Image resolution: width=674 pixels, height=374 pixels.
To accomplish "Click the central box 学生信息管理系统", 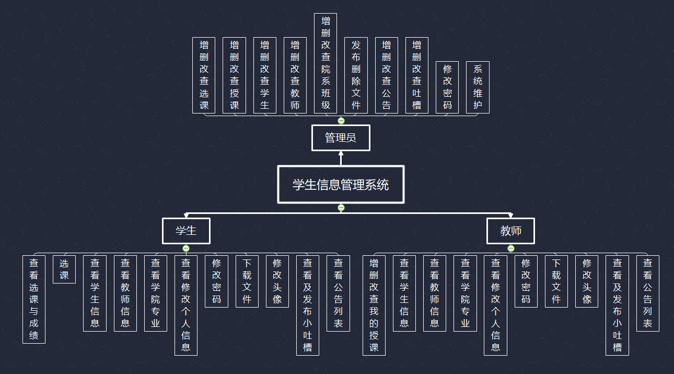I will pos(341,184).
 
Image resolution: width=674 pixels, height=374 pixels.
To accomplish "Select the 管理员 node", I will pos(341,138).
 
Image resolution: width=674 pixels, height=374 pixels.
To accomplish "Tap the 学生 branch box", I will pos(186,231).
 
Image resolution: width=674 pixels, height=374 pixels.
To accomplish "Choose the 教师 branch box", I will pos(510,231).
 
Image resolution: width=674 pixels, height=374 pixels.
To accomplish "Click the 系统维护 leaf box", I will pos(478,87).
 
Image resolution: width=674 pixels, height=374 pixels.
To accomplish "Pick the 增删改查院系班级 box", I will pos(326,63).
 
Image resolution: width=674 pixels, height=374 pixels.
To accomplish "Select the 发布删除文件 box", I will pos(356,75).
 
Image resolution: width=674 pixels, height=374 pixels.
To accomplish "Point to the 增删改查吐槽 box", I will pos(416,75).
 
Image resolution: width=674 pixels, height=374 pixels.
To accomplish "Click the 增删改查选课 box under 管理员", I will pos(204,75).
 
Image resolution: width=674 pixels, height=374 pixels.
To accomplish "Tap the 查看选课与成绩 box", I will pos(34,299).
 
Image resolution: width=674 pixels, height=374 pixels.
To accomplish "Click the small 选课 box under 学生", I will pos(64,269).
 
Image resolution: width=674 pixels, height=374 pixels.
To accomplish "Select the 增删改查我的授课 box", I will pos(374,305).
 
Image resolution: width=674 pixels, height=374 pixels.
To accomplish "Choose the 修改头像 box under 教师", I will pos(587,281).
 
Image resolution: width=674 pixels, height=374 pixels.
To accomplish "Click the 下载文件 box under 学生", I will pos(247,281).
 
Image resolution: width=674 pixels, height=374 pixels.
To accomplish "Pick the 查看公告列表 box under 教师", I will pos(647,293).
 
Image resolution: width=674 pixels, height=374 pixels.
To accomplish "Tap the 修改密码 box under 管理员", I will pos(447,87).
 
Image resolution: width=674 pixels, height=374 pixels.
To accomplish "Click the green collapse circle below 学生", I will pos(186,248).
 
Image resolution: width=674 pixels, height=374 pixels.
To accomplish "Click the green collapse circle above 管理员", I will pos(341,120).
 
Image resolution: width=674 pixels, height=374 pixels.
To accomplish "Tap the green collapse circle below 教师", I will pos(511,248).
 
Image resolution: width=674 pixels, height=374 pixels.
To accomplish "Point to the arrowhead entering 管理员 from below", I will pos(341,154).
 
